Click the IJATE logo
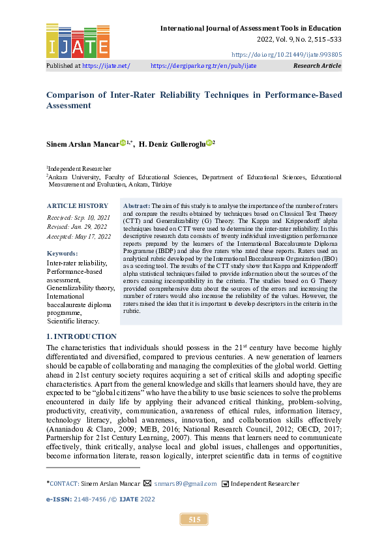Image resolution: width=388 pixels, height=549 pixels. tap(78, 41)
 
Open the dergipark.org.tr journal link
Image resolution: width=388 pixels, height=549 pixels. tap(203, 66)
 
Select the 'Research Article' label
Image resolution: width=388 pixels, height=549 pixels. tap(317, 66)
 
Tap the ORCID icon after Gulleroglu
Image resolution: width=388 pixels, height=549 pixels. tap(209, 143)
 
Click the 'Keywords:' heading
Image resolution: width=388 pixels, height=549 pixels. tap(62, 253)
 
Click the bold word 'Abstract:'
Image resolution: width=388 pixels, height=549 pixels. tap(136, 205)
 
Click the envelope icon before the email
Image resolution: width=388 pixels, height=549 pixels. tap(147, 484)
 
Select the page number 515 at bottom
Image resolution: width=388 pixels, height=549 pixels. tap(194, 520)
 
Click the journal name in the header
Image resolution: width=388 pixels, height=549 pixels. tap(250, 28)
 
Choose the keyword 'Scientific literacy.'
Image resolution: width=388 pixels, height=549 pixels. tap(72, 321)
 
